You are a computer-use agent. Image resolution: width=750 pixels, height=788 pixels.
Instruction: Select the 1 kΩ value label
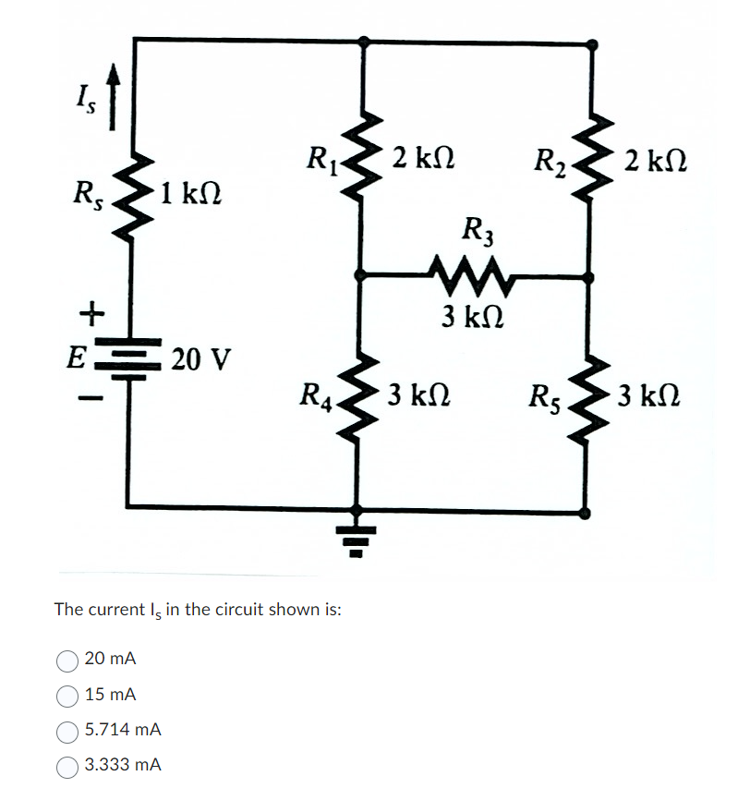pyautogui.click(x=188, y=196)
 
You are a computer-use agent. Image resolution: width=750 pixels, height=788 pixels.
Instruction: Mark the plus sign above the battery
pyautogui.click(x=89, y=315)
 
